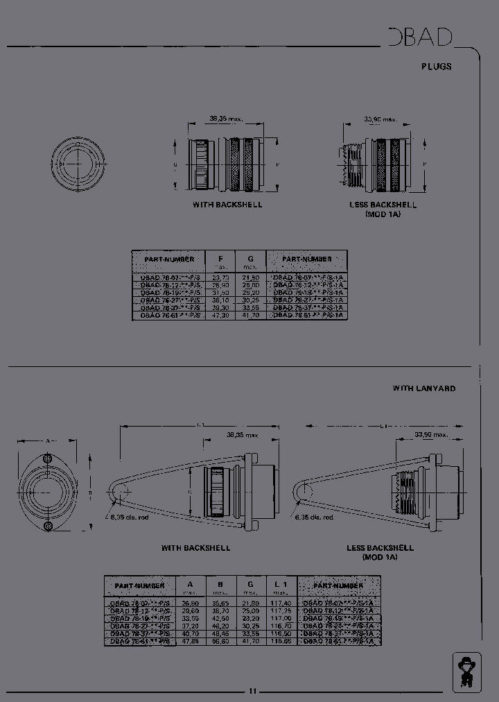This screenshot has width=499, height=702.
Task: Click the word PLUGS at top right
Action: tap(437, 67)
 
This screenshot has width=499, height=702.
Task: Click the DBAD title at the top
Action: tap(421, 37)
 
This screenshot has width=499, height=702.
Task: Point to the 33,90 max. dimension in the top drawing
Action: tap(380, 119)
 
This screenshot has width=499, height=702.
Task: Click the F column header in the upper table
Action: tap(221, 259)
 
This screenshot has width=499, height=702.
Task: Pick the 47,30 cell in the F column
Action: tap(221, 315)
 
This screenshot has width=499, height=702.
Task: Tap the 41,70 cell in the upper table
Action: tap(250, 315)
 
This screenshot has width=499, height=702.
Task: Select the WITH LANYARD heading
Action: tap(424, 388)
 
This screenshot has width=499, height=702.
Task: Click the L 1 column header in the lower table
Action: tap(280, 585)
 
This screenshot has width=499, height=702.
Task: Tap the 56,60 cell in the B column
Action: tap(220, 642)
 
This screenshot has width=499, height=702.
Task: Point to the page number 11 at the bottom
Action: tap(253, 691)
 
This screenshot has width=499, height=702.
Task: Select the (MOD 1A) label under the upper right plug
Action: tap(383, 214)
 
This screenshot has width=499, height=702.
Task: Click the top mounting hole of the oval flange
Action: tap(47, 459)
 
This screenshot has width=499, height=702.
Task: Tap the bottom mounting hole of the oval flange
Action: tap(47, 526)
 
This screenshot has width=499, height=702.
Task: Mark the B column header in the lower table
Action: tap(220, 585)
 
